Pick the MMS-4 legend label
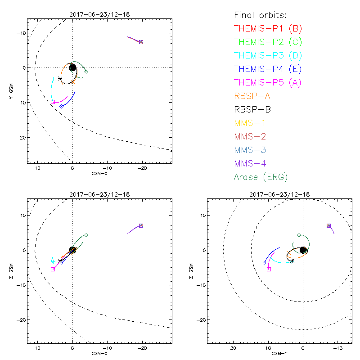tap(252, 163)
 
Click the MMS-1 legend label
tap(252, 123)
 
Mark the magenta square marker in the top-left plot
tap(53, 102)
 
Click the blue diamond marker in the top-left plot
tap(61, 106)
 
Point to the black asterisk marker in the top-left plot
tap(60, 78)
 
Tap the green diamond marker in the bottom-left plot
tap(86, 235)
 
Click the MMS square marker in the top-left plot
tap(141, 42)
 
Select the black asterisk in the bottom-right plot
tap(292, 261)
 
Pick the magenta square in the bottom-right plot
tap(269, 269)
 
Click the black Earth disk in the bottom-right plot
tap(303, 250)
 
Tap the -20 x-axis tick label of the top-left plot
tap(142, 168)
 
